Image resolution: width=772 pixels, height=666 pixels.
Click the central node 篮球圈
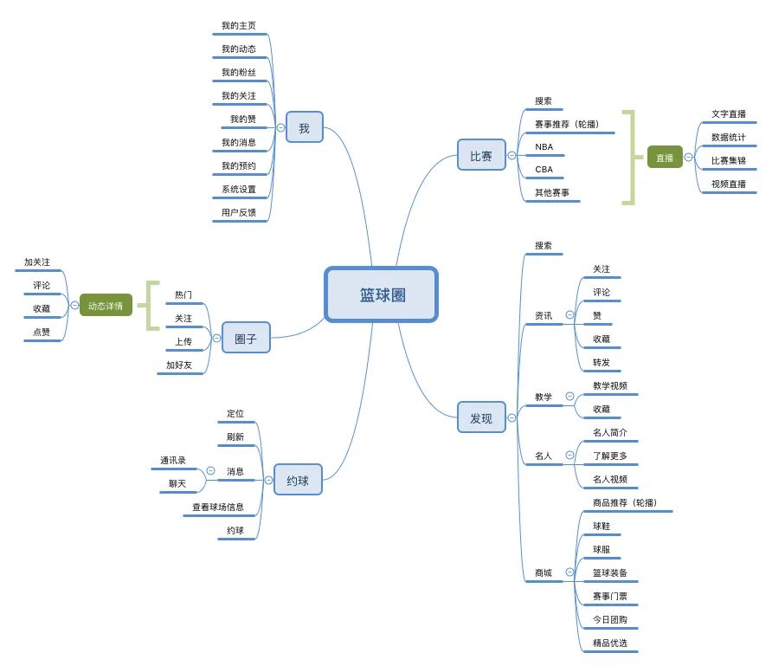coord(381,294)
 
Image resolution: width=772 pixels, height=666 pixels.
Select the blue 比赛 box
coord(481,156)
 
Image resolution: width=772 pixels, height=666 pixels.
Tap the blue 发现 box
coord(481,418)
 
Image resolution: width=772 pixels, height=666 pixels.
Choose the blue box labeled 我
coord(304,128)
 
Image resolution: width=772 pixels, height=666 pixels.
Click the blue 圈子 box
coord(246,338)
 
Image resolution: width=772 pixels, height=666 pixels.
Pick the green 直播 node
coord(664,158)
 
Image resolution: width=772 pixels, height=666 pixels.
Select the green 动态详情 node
coord(106,305)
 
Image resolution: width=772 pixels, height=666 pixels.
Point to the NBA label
coord(544,146)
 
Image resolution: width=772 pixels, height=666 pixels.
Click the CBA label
coord(544,170)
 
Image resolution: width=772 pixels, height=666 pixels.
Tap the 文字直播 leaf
coord(728,113)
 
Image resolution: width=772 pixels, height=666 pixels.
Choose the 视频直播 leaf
coord(728,184)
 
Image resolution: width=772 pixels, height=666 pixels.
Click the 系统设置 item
coord(238,189)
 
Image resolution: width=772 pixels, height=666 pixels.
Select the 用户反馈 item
coord(238,212)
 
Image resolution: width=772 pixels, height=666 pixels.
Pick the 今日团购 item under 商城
coord(609,619)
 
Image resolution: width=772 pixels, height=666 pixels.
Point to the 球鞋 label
coord(601,526)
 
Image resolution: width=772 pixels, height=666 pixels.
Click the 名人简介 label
coord(609,432)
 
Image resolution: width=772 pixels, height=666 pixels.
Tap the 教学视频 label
coord(609,385)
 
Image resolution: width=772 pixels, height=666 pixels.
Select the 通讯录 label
coord(173,460)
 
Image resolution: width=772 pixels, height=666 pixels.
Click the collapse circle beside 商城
coord(569,572)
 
